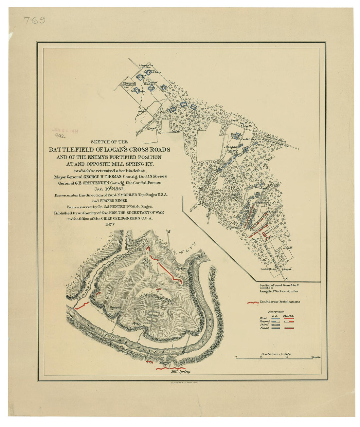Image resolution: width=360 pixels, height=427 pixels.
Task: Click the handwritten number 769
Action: pyautogui.click(x=34, y=21)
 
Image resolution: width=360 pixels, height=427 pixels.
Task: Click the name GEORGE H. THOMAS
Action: pyautogui.click(x=98, y=176)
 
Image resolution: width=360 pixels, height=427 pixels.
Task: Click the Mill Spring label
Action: pyautogui.click(x=180, y=372)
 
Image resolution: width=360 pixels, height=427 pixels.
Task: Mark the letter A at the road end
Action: pyautogui.click(x=287, y=278)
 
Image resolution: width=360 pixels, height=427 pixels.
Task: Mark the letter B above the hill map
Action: pyautogui.click(x=169, y=232)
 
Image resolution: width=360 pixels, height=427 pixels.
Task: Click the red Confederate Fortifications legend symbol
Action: pyautogui.click(x=252, y=302)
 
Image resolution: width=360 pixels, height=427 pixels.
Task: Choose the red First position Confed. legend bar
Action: pyautogui.click(x=289, y=318)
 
